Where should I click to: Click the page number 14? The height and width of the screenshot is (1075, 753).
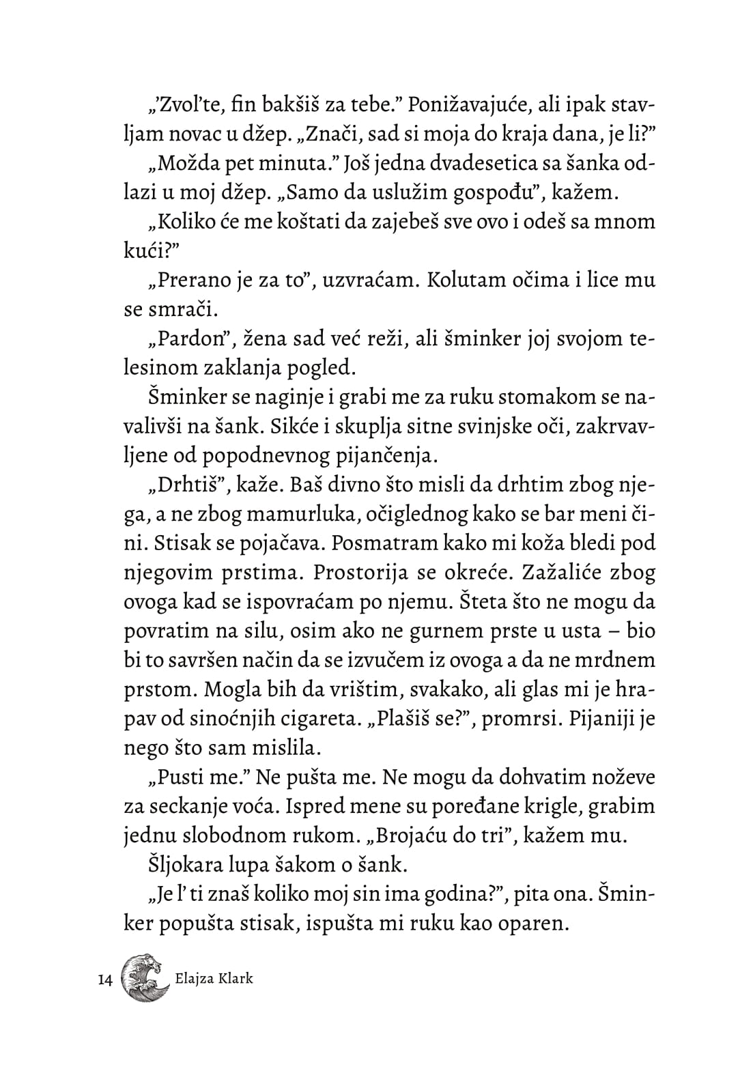(x=105, y=980)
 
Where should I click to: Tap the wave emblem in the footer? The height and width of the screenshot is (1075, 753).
(x=145, y=977)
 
